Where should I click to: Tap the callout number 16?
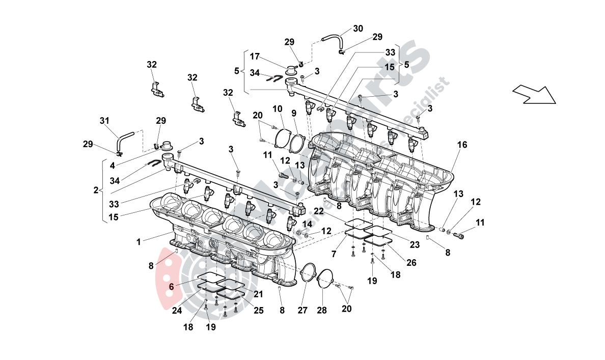point(461,145)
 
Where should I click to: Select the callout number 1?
point(139,242)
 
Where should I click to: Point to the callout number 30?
point(358,29)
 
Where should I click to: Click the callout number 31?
point(104,121)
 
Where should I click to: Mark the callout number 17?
point(255,57)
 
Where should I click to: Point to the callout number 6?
point(172,287)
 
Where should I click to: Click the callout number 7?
point(334,254)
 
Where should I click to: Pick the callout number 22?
point(318,211)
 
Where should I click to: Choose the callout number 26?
point(410,263)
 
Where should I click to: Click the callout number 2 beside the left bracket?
point(95,190)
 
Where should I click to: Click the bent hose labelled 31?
point(123,139)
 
